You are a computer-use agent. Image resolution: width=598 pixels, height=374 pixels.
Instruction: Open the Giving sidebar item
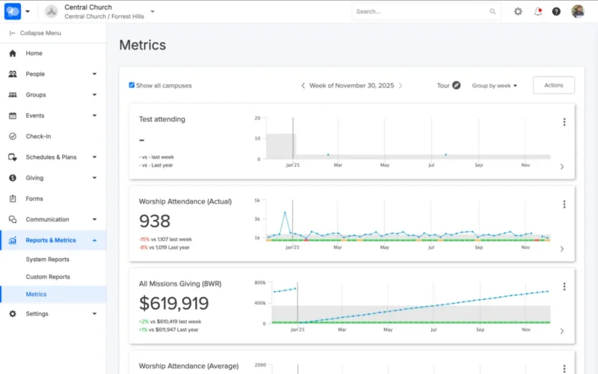34,178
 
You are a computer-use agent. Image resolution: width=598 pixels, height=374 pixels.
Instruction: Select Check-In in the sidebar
38,136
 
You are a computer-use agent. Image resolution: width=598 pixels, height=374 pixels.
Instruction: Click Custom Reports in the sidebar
48,277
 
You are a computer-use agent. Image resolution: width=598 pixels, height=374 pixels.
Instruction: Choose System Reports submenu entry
47,260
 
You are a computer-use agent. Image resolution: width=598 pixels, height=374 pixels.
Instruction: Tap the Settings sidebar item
37,313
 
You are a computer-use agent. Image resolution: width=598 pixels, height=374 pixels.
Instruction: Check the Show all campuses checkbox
132,85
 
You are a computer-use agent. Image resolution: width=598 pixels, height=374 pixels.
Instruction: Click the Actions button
553,85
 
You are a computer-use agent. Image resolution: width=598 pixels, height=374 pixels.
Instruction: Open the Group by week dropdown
494,85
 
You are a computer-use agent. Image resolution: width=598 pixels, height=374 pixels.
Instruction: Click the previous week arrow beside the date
303,85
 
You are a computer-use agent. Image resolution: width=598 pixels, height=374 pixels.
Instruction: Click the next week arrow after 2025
400,85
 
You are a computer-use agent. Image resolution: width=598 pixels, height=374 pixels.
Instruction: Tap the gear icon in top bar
518,11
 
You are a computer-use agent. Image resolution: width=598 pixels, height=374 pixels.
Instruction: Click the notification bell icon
537,11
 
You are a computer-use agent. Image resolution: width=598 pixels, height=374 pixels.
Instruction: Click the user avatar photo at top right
578,11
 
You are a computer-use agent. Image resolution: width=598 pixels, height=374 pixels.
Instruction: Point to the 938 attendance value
155,221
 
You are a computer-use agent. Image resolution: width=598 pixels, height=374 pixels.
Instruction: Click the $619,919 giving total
173,304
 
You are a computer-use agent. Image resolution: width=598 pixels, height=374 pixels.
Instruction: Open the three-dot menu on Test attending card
564,122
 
